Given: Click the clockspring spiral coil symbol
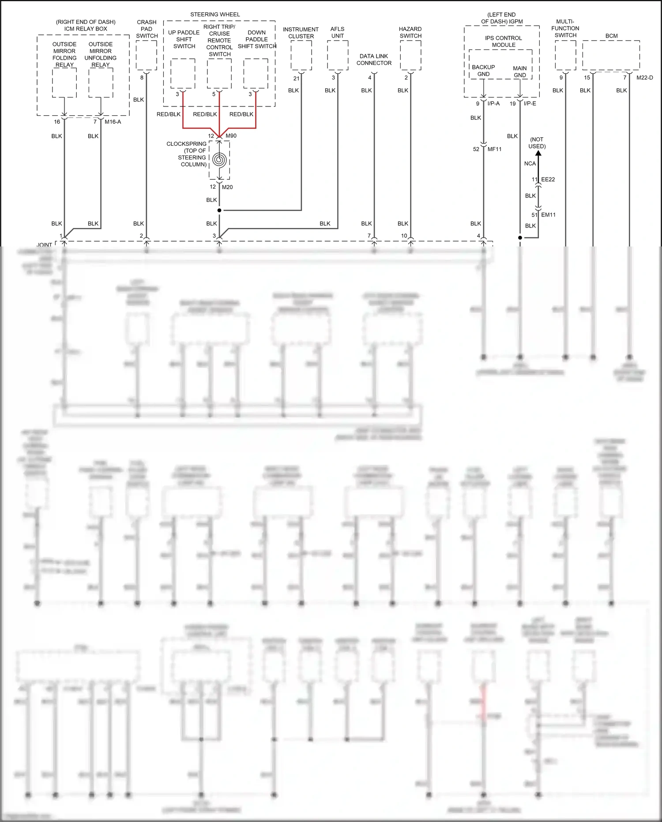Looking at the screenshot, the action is click(x=219, y=159).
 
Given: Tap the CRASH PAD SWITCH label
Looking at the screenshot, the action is click(x=147, y=29).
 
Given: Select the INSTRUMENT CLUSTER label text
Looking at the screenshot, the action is click(x=301, y=33).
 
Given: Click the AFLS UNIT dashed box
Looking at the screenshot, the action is click(x=338, y=55).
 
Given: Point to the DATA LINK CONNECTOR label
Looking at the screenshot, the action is click(x=374, y=60).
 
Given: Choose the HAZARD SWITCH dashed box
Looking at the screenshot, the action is click(x=410, y=55).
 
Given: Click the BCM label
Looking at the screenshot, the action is click(x=611, y=36).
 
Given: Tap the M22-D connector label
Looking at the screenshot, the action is click(x=644, y=78).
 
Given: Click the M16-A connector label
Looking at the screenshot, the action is click(x=113, y=122).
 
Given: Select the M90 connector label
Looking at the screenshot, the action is click(x=231, y=136).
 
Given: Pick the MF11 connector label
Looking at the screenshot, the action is click(x=494, y=149).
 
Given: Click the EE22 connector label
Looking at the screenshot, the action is click(x=548, y=179).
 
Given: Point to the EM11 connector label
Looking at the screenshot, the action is click(x=548, y=215).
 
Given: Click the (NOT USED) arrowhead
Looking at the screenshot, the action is click(x=538, y=154).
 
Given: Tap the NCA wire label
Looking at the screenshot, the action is click(x=530, y=163).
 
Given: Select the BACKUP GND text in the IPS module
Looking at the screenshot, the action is click(x=483, y=71).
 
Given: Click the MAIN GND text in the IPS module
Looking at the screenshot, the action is click(x=519, y=72).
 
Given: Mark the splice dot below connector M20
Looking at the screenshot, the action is click(x=219, y=210).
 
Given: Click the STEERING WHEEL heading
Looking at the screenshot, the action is click(x=215, y=15).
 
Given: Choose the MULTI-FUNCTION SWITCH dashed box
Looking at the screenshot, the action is click(x=565, y=55).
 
